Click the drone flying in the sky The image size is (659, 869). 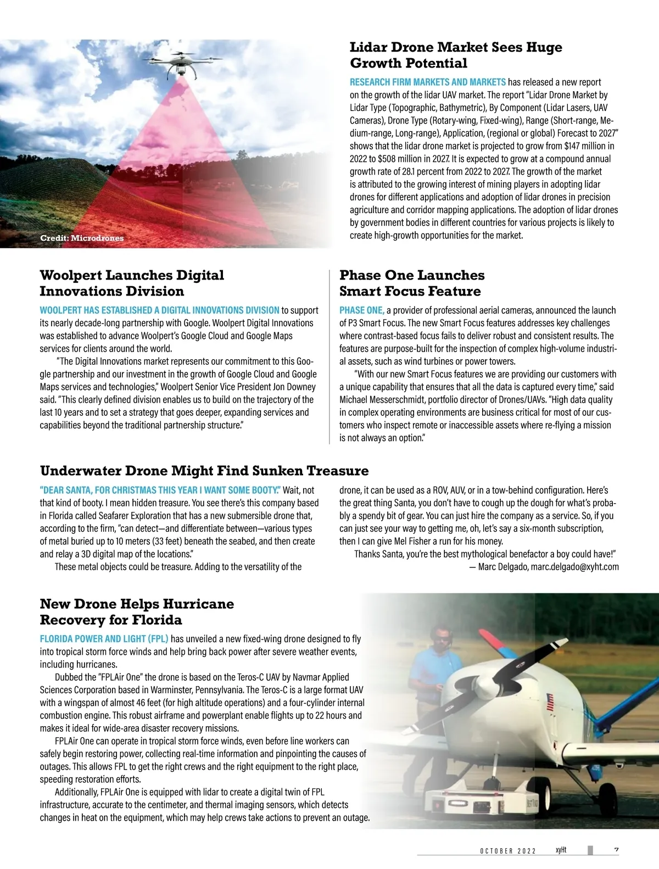[181, 61]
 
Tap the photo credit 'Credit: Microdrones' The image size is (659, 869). [82, 238]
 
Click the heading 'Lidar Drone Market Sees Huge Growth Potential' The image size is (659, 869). [456, 55]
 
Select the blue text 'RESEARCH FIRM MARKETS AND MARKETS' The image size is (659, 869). [428, 82]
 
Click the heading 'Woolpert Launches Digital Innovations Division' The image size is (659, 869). [132, 283]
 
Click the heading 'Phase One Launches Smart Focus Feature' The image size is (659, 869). [412, 283]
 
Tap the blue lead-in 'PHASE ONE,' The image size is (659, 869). [361, 310]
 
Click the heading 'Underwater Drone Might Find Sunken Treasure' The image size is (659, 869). [204, 471]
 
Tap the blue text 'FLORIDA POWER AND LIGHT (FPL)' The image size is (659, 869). [104, 639]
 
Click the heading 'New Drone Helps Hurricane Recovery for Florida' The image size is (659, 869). [137, 612]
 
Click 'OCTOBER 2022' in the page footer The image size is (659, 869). [508, 851]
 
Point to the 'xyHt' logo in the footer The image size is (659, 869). [561, 850]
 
